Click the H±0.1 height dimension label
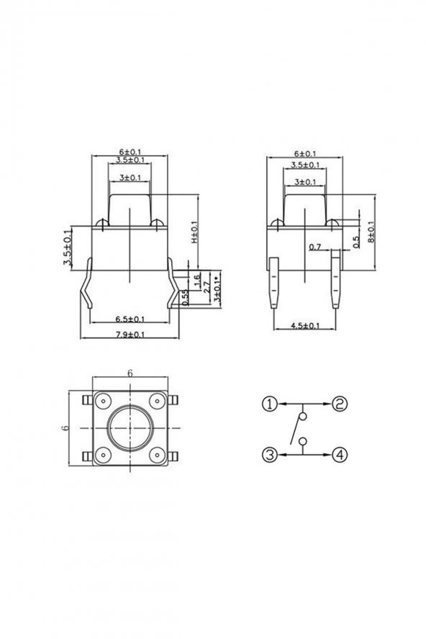tap(194, 231)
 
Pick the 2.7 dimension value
tap(207, 286)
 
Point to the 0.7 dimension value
tap(314, 247)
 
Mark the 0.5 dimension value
tap(355, 242)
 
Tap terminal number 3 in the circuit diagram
tap(269, 454)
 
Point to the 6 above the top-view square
tap(130, 373)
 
